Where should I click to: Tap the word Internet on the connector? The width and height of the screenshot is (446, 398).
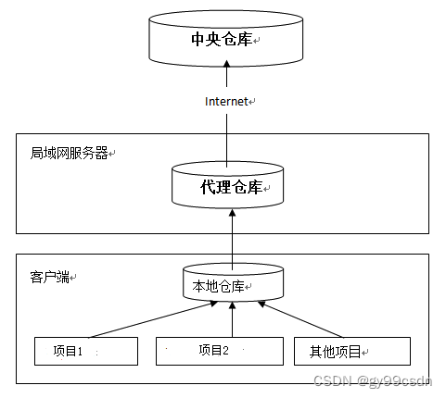226,101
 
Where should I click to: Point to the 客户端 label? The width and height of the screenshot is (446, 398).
50,278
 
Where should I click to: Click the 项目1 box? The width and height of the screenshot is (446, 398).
86,351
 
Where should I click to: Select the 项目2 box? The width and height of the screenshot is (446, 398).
220,350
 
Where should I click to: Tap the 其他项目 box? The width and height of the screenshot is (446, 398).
351,352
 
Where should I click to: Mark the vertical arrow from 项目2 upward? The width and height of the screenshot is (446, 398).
232,319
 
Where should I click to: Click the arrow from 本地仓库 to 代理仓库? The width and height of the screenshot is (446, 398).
232,241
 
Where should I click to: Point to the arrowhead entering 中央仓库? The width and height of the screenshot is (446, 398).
226,70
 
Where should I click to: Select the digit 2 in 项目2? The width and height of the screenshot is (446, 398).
225,350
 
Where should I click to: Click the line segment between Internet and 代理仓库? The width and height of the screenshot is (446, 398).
226,134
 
